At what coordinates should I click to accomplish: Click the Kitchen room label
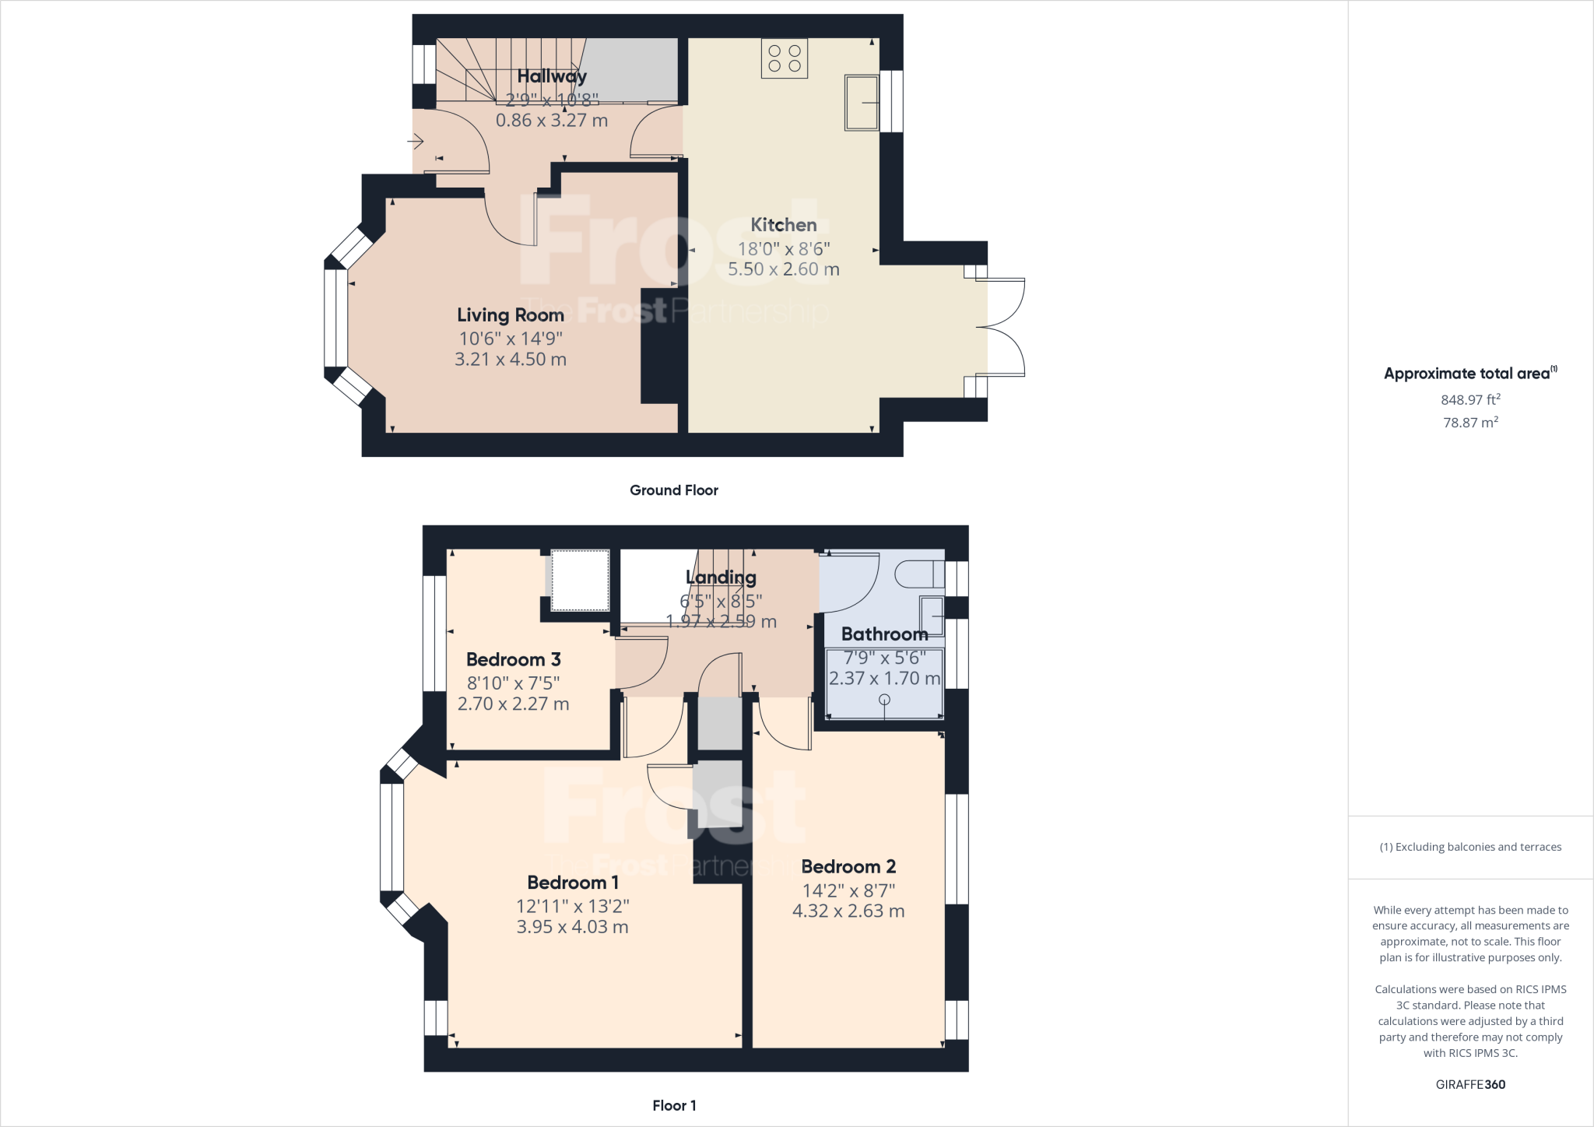(784, 225)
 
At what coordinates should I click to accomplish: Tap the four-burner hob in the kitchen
(785, 58)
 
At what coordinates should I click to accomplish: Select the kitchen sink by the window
(862, 103)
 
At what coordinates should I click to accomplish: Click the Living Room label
(511, 315)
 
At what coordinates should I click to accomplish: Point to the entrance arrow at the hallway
(415, 142)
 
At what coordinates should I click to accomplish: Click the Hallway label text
(552, 76)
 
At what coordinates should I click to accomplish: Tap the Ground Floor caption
(674, 490)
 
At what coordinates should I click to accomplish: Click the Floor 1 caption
(674, 1105)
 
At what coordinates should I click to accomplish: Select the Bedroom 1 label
(573, 883)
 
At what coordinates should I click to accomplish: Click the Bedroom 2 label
(848, 866)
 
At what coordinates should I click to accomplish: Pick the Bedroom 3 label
(514, 659)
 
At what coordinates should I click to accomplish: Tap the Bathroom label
(885, 634)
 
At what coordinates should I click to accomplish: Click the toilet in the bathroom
(919, 574)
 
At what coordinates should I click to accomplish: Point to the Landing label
(721, 578)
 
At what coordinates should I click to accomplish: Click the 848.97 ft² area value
(1470, 399)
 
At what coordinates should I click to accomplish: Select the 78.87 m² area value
(1470, 423)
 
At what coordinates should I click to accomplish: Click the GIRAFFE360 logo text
(1470, 1084)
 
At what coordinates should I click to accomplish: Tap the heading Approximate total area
(1470, 373)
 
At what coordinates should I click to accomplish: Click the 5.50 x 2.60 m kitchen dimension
(784, 269)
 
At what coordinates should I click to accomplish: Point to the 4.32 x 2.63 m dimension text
(848, 911)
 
